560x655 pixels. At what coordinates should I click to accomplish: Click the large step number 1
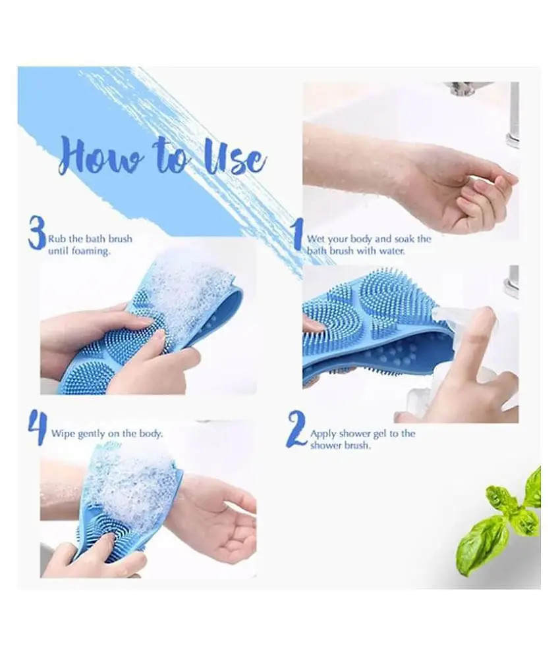coord(298,236)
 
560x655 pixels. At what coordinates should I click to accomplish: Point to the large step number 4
coord(38,429)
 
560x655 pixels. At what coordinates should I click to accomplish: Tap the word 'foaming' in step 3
coord(90,251)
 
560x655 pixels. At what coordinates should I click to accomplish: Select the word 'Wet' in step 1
coord(317,240)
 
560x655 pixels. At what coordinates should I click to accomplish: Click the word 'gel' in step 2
coord(379,434)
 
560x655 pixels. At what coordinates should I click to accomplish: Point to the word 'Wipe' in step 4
coord(63,434)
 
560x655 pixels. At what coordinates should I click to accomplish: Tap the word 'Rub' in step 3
coord(57,239)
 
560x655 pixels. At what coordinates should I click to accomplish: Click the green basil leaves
coord(501,523)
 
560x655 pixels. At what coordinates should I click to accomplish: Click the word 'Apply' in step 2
coord(323,434)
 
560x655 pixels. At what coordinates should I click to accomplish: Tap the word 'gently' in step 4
coord(92,434)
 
